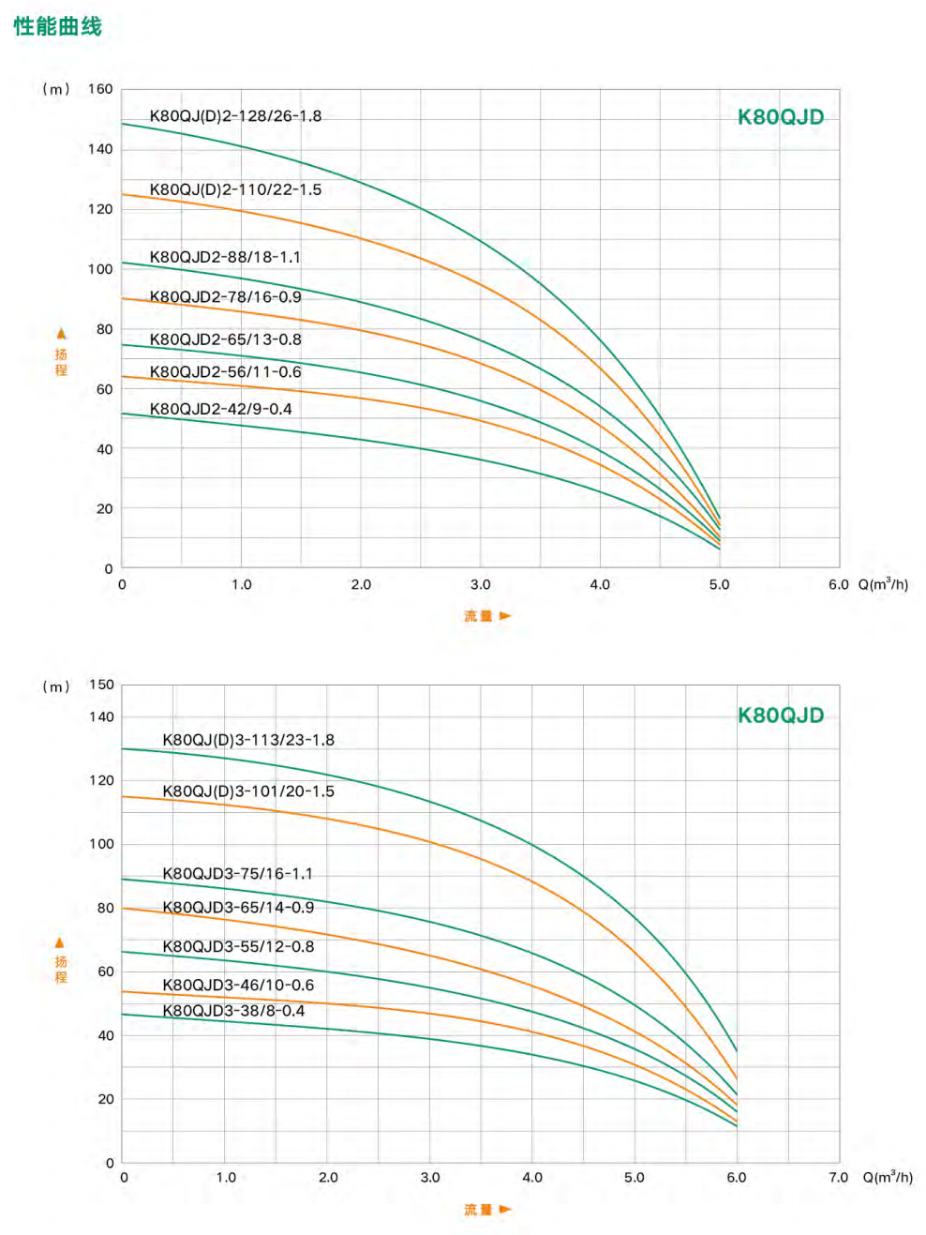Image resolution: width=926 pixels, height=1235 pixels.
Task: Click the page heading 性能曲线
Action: click(x=57, y=26)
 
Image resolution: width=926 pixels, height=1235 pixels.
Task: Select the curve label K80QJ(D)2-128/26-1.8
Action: click(x=235, y=116)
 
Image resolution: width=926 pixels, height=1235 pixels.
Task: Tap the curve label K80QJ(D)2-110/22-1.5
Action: click(x=235, y=189)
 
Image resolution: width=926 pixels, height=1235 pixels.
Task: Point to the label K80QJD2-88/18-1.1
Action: click(x=225, y=257)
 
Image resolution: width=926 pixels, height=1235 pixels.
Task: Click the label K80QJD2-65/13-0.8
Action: click(x=225, y=339)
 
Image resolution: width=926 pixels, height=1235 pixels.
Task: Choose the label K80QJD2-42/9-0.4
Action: click(x=220, y=409)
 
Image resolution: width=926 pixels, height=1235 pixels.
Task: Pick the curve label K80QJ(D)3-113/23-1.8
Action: click(x=248, y=740)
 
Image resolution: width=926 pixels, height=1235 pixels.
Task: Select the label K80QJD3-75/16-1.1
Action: click(x=238, y=874)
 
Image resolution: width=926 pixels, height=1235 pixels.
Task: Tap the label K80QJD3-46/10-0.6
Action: click(x=238, y=985)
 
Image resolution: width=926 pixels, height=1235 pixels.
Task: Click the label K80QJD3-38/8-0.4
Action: click(x=233, y=1011)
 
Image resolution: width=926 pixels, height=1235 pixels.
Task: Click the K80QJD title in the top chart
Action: click(x=781, y=117)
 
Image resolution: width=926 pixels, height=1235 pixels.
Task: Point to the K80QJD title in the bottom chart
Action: click(x=781, y=715)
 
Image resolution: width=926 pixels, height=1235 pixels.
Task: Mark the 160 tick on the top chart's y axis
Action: click(x=100, y=89)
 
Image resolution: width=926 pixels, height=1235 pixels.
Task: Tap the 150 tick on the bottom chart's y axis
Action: click(x=101, y=685)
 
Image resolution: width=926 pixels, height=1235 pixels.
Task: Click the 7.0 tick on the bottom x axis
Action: click(x=838, y=1178)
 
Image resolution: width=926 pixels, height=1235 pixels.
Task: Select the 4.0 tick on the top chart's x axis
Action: click(x=600, y=584)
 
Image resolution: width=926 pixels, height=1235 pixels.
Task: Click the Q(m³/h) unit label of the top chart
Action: click(x=883, y=584)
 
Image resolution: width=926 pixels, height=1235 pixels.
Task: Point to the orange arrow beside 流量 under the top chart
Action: click(x=506, y=616)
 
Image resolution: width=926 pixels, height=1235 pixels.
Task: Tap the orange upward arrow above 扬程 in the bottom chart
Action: click(x=60, y=942)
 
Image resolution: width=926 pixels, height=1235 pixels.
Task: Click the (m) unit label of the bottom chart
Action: click(x=56, y=686)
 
